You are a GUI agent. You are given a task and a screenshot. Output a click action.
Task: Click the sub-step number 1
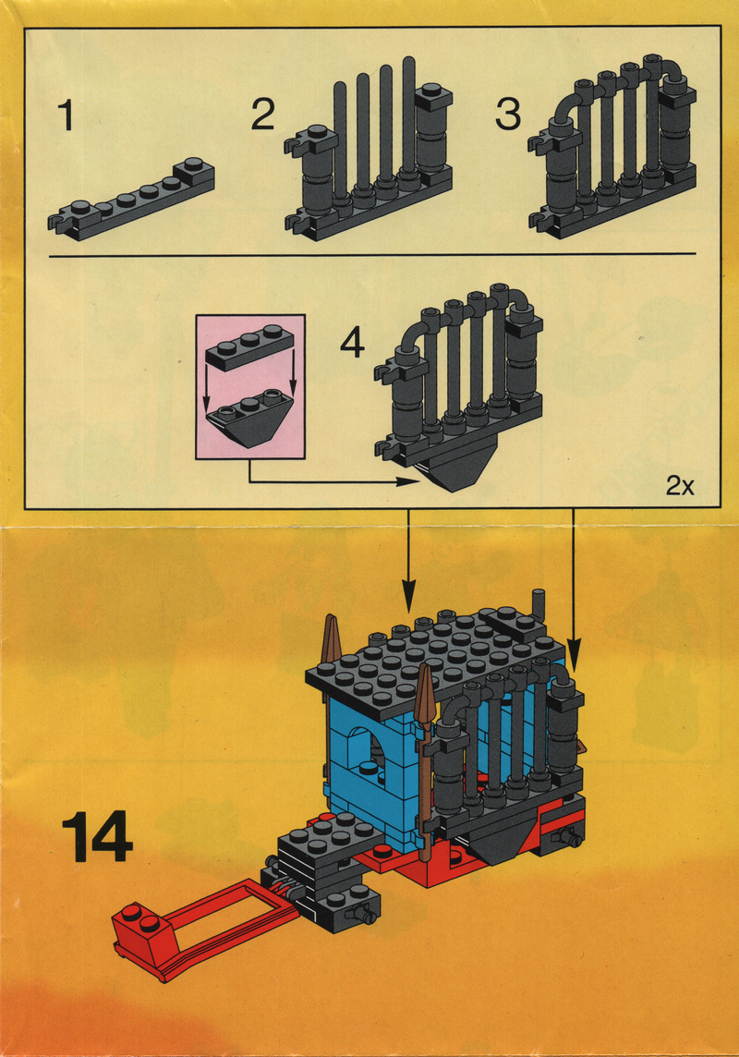(66, 115)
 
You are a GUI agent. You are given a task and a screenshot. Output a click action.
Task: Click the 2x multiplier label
(680, 485)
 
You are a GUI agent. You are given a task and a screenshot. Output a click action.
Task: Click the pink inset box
(250, 387)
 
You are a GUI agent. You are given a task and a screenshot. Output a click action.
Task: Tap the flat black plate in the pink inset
(250, 346)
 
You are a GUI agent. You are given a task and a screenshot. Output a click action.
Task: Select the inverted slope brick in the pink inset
(250, 418)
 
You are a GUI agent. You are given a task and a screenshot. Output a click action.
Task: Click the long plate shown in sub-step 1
(131, 200)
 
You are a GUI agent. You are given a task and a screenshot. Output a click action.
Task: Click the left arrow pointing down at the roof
(407, 561)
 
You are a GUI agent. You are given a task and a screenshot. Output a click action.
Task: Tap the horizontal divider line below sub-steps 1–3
(372, 255)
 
